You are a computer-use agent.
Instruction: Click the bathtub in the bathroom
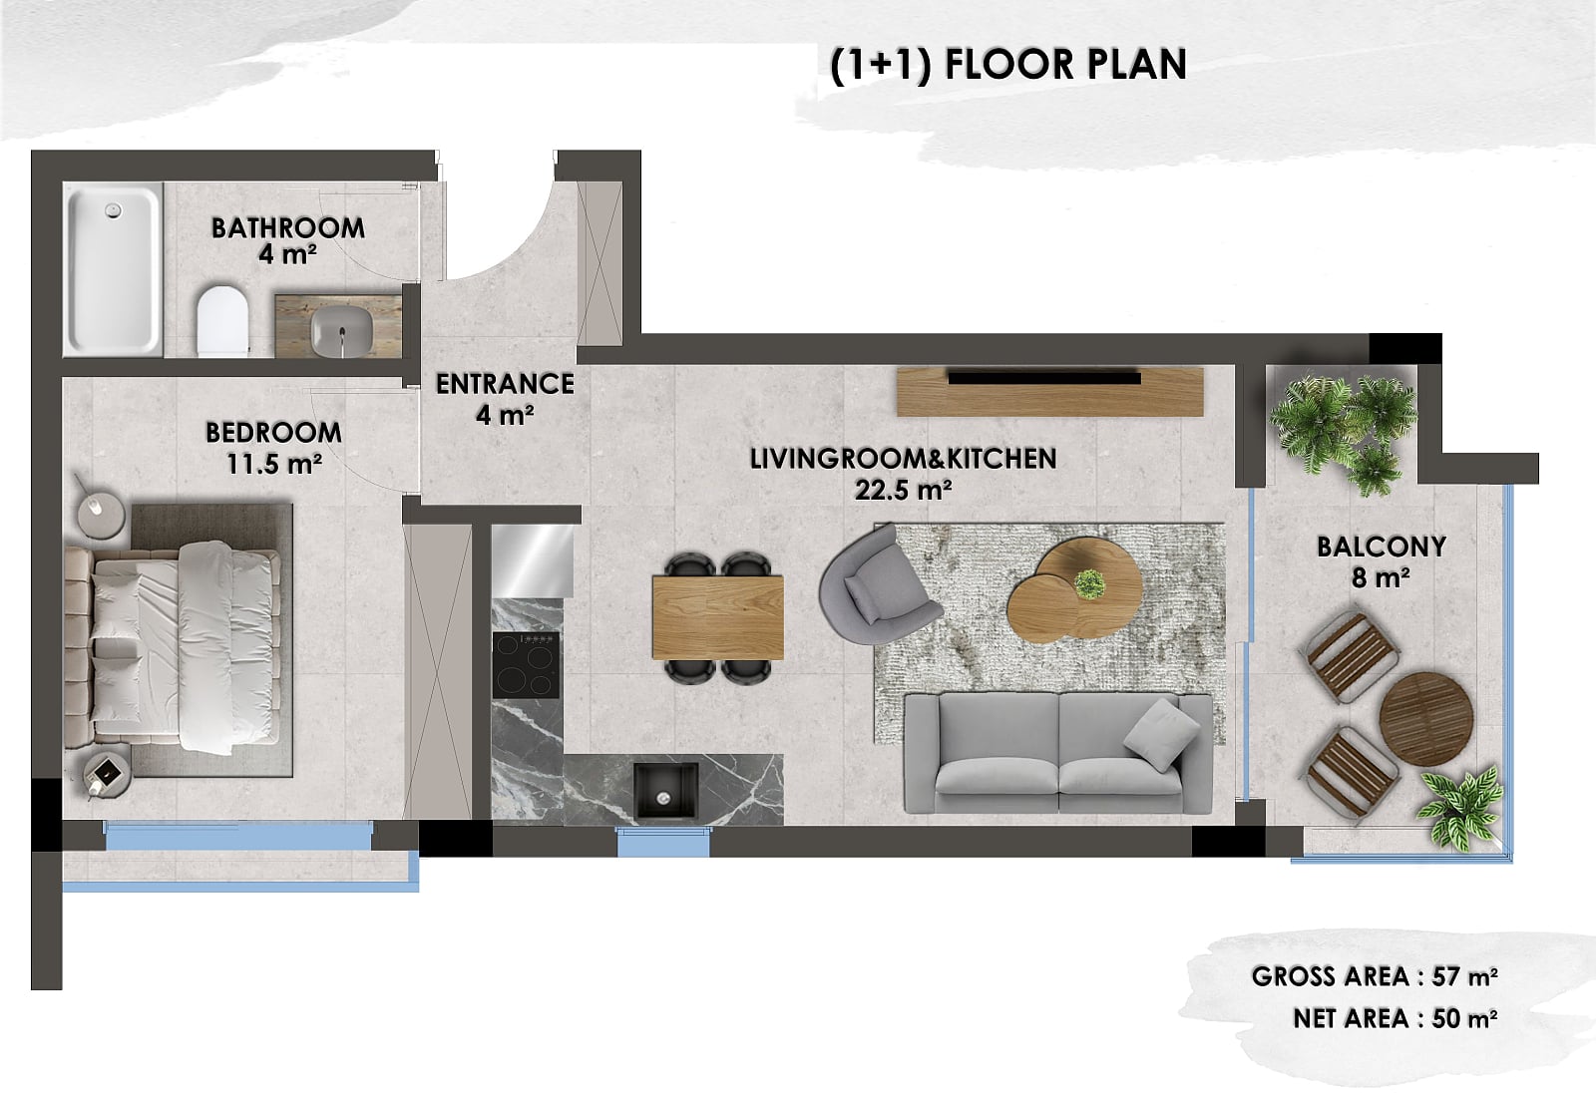click(113, 269)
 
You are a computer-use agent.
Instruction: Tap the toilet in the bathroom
click(222, 320)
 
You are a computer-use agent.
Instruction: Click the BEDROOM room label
click(273, 432)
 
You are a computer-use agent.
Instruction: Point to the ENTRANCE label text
click(505, 384)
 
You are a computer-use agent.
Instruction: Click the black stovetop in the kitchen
click(526, 665)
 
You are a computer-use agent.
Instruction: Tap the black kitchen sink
click(665, 790)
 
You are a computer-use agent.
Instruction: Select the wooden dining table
click(717, 617)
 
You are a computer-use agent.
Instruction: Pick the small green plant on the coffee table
click(1089, 584)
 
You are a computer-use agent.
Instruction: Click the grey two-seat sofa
click(1058, 754)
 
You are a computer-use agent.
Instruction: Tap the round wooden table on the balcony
click(1426, 719)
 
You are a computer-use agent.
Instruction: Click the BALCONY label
click(1382, 547)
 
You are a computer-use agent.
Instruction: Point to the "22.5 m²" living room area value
click(903, 490)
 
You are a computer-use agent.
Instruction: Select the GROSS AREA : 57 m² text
click(1375, 976)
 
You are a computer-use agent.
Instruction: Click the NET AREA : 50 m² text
click(1396, 1019)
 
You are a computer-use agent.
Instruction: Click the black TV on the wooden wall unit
click(1044, 377)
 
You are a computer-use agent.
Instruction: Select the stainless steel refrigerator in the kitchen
click(533, 560)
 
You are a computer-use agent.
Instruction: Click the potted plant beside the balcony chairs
click(1459, 809)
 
